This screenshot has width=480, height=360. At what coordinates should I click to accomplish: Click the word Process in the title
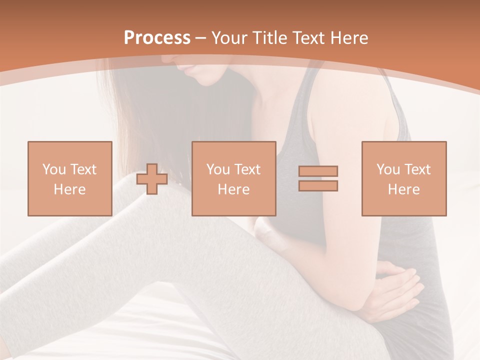157,38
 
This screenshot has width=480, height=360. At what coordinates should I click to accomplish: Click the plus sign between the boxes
152,179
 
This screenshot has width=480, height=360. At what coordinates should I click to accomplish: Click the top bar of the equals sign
318,171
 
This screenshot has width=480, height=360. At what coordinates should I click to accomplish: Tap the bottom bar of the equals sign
318,185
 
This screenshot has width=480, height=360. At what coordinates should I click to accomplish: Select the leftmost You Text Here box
69,178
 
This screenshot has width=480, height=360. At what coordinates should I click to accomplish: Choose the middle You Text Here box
233,178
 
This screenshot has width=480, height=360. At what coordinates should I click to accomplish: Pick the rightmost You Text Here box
403,178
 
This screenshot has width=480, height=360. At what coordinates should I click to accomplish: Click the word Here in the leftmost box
69,189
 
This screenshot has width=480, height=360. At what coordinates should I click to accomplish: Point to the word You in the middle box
218,169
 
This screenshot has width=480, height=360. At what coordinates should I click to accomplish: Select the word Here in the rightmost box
403,189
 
